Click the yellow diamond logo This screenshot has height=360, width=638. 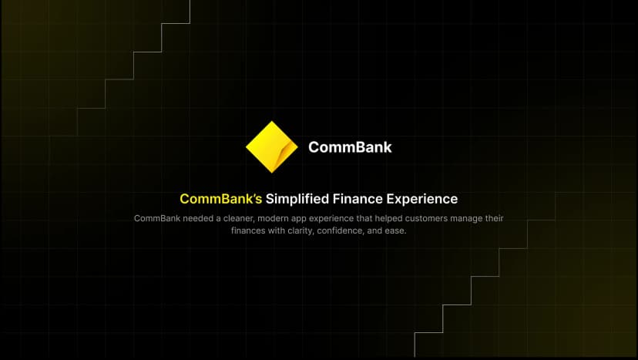[271, 146]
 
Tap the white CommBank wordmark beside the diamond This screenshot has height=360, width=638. [350, 146]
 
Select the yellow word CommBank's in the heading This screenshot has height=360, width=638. [221, 199]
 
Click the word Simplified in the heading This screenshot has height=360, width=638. [297, 199]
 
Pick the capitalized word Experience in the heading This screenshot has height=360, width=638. [423, 199]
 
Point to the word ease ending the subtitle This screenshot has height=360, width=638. [395, 231]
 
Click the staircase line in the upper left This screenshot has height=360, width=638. [133, 66]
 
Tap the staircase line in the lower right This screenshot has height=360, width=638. [499, 262]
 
